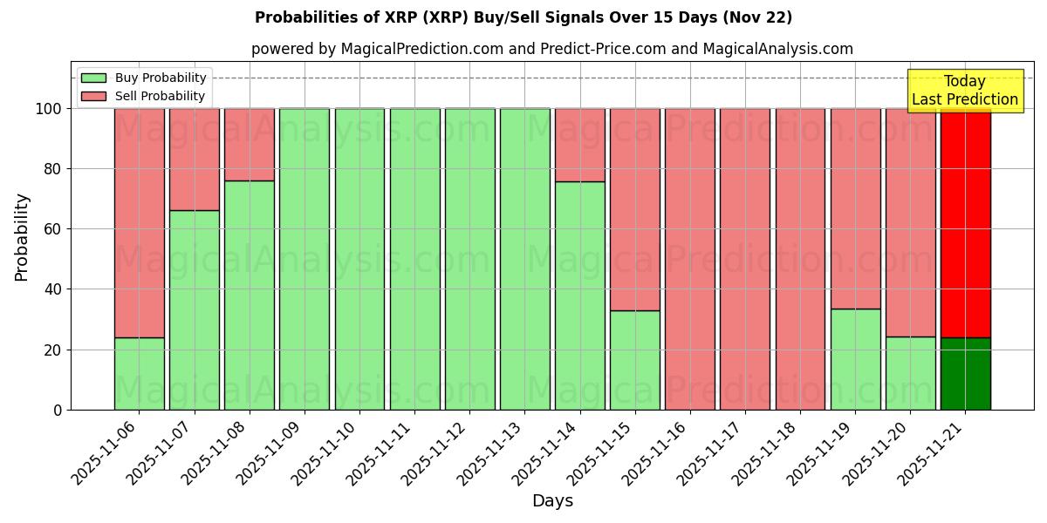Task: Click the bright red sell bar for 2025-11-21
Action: click(x=965, y=223)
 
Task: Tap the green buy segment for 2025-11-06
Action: click(x=140, y=373)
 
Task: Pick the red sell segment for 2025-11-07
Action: click(x=195, y=160)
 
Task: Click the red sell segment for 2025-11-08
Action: click(x=250, y=145)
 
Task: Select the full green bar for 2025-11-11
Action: click(x=414, y=259)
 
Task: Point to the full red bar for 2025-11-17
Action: click(x=745, y=259)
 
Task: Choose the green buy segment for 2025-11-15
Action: click(x=635, y=360)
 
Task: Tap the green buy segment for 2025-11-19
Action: click(x=855, y=359)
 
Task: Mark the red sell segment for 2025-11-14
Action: click(x=580, y=145)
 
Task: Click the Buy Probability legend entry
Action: click(x=145, y=78)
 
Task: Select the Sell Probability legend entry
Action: click(x=145, y=96)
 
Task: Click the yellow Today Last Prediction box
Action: click(x=965, y=91)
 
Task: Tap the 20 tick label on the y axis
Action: click(x=52, y=350)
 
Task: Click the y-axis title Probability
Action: click(x=22, y=237)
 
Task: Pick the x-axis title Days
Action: click(x=552, y=501)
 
